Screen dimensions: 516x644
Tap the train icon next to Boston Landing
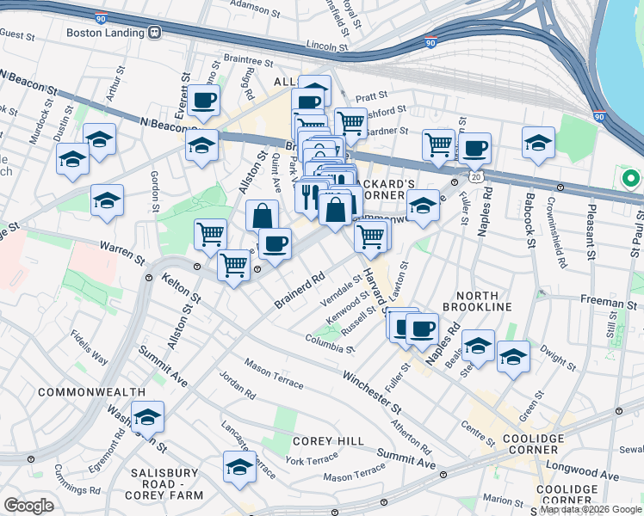[155, 33]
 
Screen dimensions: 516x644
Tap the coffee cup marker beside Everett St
[203, 101]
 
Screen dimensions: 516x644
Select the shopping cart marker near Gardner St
[350, 123]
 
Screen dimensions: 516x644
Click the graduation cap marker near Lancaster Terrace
[239, 467]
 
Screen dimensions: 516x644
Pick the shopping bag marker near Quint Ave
[262, 216]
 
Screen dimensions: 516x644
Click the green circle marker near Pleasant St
[631, 179]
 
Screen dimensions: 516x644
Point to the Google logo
[29, 506]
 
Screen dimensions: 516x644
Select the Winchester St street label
[372, 390]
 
